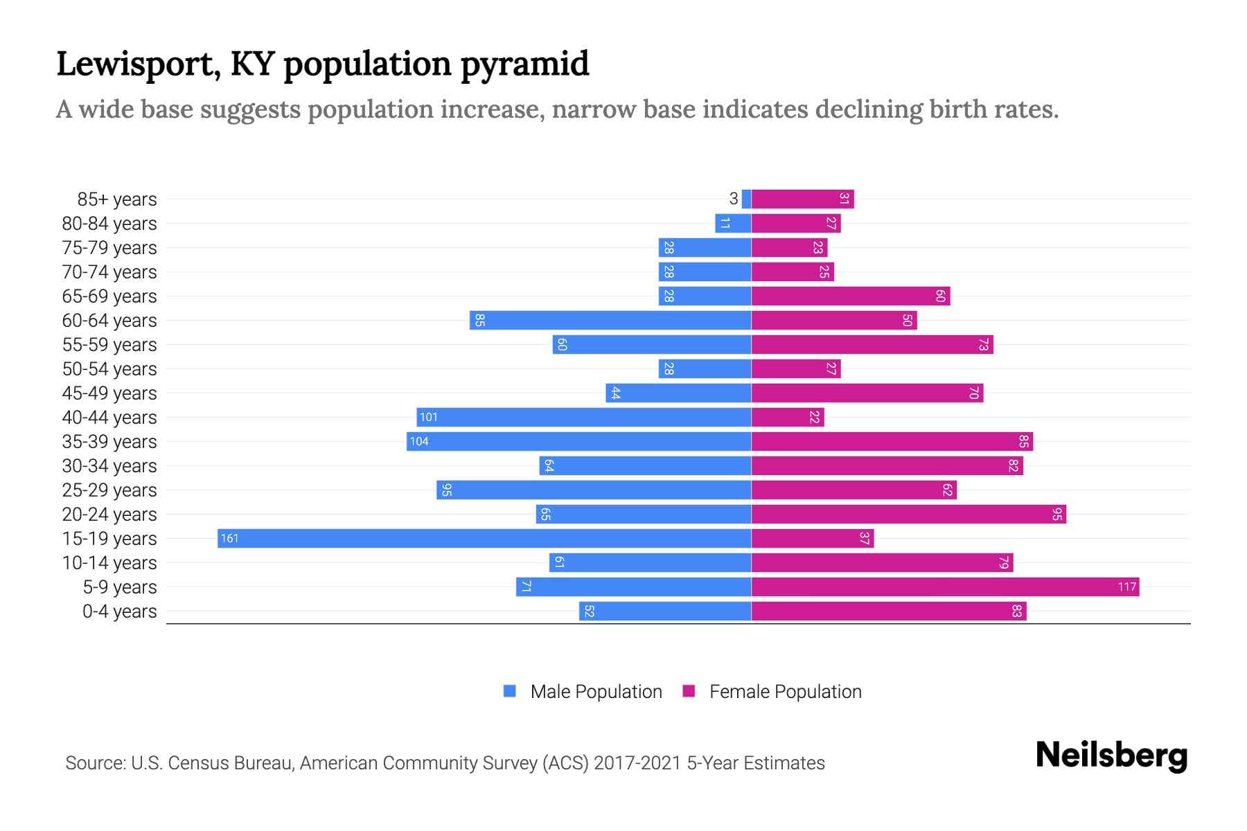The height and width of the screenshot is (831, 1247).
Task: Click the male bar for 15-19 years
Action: [x=485, y=539]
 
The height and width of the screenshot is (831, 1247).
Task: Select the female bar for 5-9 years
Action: [x=945, y=587]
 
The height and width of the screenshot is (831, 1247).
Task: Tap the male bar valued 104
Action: [x=579, y=442]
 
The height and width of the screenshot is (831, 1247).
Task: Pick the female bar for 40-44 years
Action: [x=788, y=418]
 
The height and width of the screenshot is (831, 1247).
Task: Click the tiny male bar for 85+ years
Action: [x=746, y=199]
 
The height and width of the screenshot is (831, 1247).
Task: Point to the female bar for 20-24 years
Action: [x=908, y=515]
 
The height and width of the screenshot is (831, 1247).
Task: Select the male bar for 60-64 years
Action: [x=610, y=321]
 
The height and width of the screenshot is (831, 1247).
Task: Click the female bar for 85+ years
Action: [x=802, y=199]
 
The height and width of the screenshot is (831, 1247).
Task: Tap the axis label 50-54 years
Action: [x=109, y=369]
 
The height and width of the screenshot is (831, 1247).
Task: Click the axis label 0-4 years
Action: [x=119, y=611]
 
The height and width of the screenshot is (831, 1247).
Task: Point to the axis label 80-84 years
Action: [x=109, y=224]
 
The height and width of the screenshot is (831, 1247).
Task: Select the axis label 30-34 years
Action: [x=109, y=466]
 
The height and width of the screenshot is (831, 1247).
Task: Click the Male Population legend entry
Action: [x=583, y=692]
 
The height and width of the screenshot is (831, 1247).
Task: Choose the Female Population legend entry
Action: [x=772, y=692]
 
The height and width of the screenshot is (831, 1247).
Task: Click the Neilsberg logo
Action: [x=1111, y=756]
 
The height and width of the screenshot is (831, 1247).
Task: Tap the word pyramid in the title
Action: [x=524, y=64]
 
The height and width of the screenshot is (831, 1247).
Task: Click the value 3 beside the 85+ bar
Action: [x=734, y=199]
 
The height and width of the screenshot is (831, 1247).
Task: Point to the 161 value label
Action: [x=229, y=539]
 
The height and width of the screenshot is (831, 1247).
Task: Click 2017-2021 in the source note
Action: [x=637, y=763]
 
